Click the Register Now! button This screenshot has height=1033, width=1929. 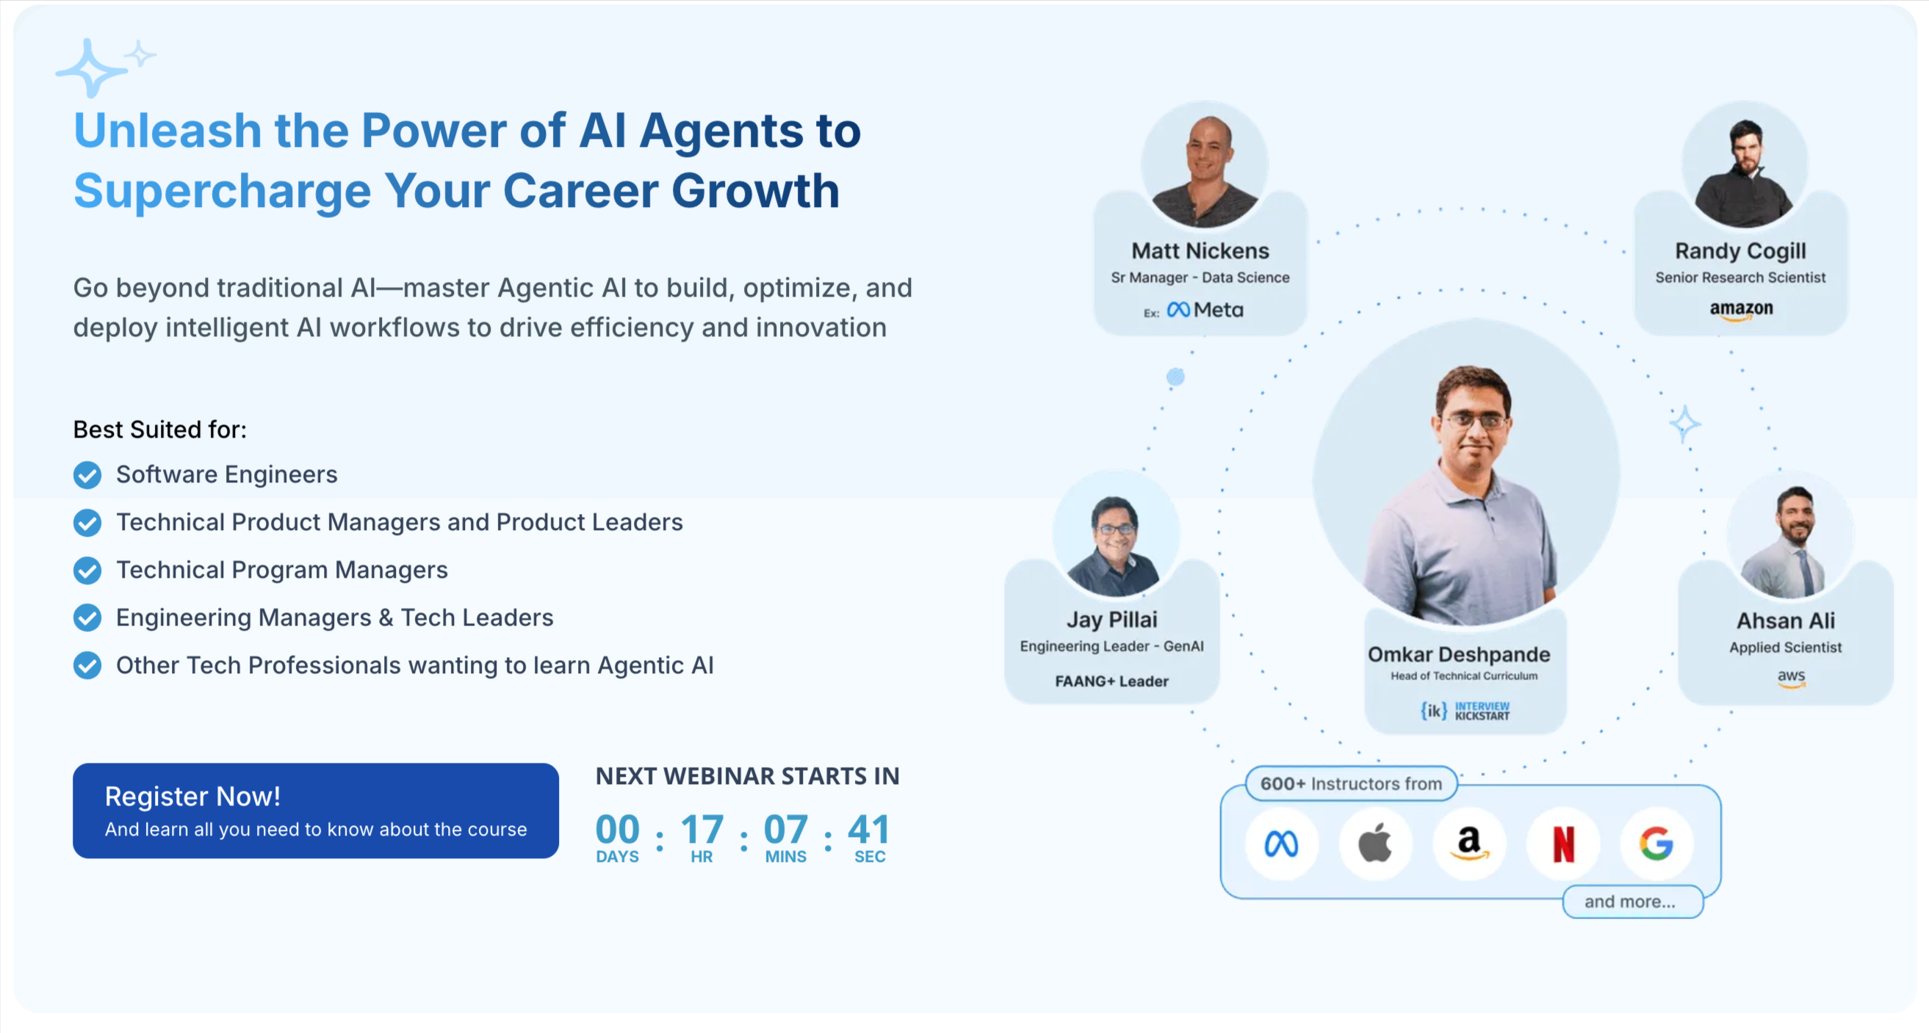(315, 810)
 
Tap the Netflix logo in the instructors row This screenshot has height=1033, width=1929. (1563, 844)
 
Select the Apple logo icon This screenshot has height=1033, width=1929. (1375, 844)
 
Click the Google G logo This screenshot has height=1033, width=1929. (1656, 844)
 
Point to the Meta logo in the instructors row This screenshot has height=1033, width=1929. (1281, 844)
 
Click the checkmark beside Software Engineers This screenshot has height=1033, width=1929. (87, 474)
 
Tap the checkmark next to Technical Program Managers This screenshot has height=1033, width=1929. (87, 570)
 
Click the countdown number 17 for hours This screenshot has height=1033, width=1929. (702, 830)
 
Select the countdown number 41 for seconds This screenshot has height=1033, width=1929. (869, 830)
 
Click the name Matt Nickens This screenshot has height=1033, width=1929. (1200, 251)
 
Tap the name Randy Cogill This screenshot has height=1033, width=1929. (1740, 251)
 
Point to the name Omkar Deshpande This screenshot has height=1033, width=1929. (1459, 654)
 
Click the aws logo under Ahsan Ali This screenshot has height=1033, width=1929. (1791, 677)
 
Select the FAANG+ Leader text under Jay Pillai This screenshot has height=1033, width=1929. (1111, 681)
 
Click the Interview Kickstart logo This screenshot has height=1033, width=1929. (1465, 711)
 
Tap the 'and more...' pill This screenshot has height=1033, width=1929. (1630, 902)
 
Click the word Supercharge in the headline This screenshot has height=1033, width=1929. (223, 191)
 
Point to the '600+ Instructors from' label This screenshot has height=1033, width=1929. (1351, 783)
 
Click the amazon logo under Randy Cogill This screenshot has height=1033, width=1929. (1741, 309)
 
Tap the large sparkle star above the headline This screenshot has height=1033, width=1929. (90, 69)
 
